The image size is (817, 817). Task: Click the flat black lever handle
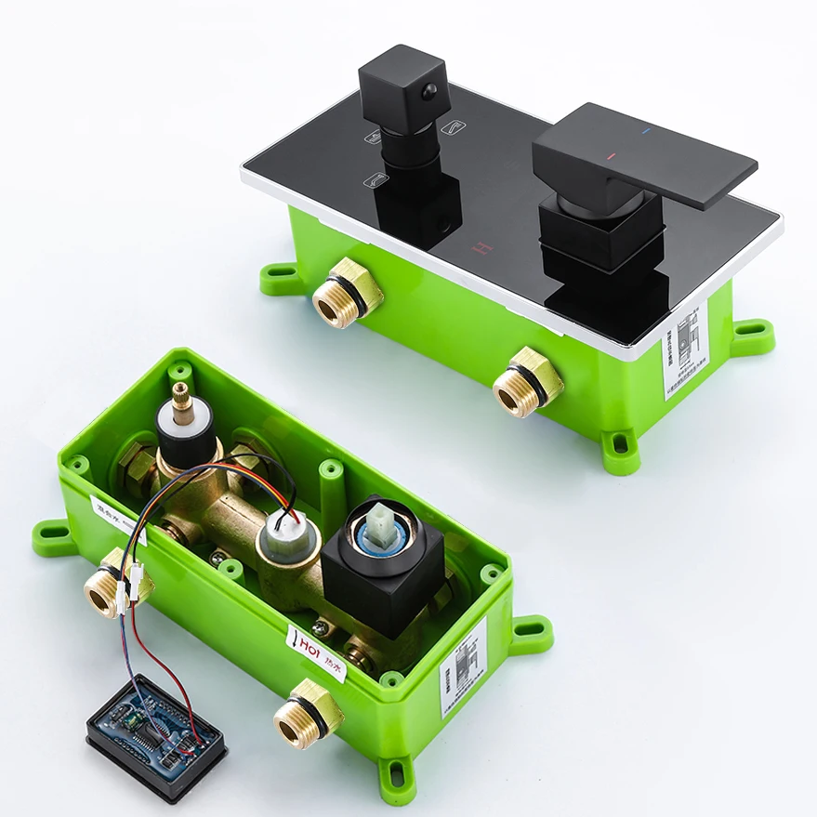coord(641,153)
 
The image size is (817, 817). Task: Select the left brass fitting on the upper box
coord(347,292)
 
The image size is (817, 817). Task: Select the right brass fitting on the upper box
coord(526,382)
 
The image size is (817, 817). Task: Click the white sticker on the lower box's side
coord(462,667)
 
